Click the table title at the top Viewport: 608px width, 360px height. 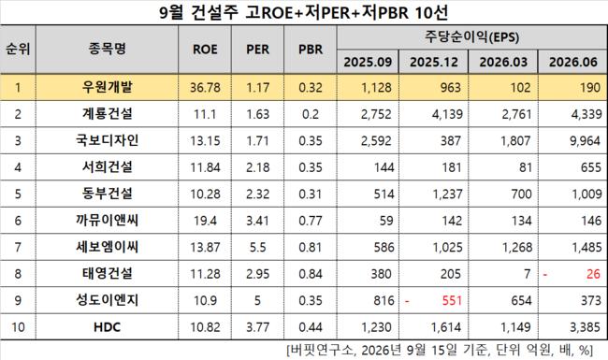[304, 12]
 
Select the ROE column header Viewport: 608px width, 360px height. [205, 50]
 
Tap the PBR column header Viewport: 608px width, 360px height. [311, 50]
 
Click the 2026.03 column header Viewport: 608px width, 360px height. [503, 62]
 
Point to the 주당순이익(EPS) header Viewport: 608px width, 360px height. [471, 37]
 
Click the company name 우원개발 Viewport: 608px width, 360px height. [107, 87]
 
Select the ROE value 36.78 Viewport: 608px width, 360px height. [205, 88]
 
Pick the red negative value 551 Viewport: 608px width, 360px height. [452, 300]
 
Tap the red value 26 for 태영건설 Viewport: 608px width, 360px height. [593, 274]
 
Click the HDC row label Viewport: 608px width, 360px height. [107, 327]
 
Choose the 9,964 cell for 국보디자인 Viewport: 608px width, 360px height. [586, 140]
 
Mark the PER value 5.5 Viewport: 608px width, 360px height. [257, 247]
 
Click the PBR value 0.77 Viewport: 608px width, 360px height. [311, 221]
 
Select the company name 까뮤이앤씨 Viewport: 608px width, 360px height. [107, 220]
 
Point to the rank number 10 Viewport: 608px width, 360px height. [18, 327]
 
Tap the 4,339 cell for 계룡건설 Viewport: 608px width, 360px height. [586, 114]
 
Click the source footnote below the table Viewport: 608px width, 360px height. [440, 351]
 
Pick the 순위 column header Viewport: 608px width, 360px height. [18, 50]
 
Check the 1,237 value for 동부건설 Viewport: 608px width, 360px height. [447, 194]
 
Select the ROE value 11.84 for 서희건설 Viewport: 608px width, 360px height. [205, 167]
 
